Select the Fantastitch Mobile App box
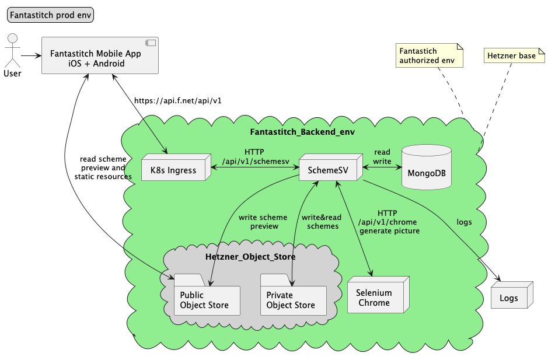(100, 56)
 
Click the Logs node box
(509, 298)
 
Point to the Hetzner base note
(512, 56)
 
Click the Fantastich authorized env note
(429, 55)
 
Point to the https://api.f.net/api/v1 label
(177, 100)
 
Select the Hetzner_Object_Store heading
(250, 257)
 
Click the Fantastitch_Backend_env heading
(302, 132)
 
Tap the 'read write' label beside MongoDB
(382, 156)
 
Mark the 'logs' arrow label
(464, 222)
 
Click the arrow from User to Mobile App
(31, 56)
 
